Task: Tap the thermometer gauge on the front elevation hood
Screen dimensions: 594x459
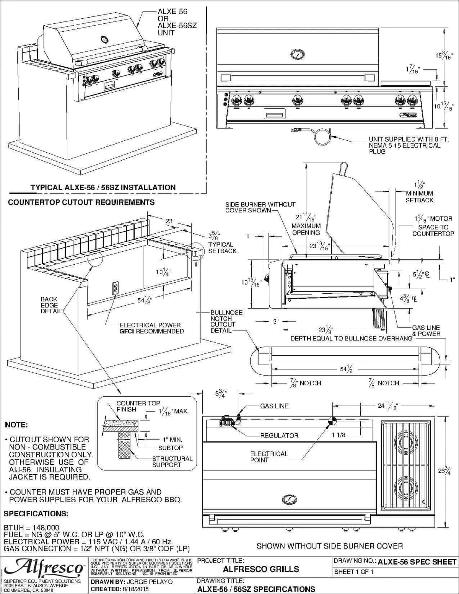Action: [x=297, y=54]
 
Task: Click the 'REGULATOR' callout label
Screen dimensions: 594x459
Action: [x=279, y=435]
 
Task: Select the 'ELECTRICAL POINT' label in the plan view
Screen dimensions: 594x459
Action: [x=269, y=457]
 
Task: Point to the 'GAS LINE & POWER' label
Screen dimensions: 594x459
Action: [x=426, y=330]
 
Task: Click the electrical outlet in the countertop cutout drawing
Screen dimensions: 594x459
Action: [x=115, y=288]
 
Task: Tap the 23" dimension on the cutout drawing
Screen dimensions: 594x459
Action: [x=170, y=221]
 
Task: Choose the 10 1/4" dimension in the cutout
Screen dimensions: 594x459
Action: [x=163, y=272]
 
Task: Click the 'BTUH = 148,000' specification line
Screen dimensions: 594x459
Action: [x=31, y=527]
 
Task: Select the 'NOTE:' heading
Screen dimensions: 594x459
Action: [x=16, y=425]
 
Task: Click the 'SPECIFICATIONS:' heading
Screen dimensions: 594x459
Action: [x=36, y=513]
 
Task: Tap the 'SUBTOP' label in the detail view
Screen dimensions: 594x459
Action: [x=170, y=448]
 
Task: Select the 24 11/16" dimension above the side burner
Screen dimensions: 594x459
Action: [x=388, y=406]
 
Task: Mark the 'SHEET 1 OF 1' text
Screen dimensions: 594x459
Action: [x=353, y=572]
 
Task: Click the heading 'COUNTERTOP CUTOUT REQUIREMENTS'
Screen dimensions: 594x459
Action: [x=81, y=202]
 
